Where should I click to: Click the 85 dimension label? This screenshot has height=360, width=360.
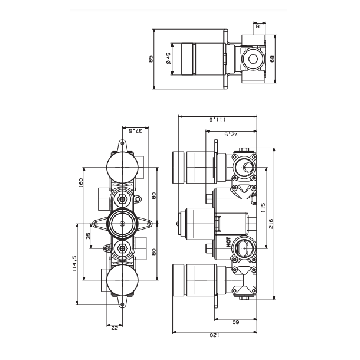tap(151, 59)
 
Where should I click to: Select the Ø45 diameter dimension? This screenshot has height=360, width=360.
tap(168, 58)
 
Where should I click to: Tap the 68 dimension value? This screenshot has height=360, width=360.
tap(272, 59)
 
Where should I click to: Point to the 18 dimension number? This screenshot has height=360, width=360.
tap(259, 26)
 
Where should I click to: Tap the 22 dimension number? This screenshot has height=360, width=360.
tap(114, 328)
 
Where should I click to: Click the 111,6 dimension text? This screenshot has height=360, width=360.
tap(217, 119)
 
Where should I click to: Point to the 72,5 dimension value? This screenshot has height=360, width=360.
tap(231, 135)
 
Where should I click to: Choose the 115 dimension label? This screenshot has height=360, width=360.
tap(264, 208)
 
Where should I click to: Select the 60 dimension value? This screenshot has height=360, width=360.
tap(234, 323)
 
